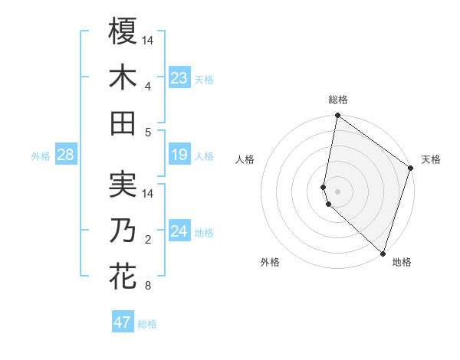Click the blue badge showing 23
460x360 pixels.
click(179, 78)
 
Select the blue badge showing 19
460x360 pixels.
click(179, 155)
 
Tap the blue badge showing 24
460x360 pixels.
click(179, 231)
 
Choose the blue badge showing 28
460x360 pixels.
click(65, 155)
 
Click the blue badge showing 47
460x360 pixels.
click(123, 322)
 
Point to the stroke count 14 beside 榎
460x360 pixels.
click(149, 40)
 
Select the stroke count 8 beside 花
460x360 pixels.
click(148, 286)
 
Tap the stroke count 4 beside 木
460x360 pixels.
click(148, 86)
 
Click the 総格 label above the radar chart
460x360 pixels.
click(338, 100)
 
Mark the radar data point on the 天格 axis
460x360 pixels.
click(411, 169)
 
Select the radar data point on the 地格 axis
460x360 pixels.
click(383, 253)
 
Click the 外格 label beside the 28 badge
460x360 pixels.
click(41, 156)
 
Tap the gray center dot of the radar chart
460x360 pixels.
click(338, 191)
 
